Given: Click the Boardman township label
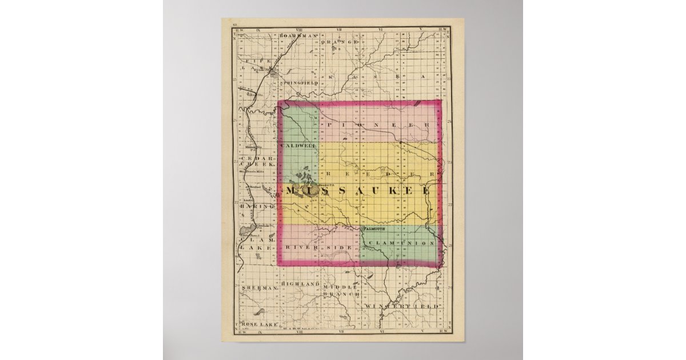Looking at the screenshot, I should [x=298, y=35].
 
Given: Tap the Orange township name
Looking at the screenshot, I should [x=340, y=42].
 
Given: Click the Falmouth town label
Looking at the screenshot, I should [x=374, y=229].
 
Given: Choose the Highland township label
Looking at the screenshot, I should [x=300, y=284].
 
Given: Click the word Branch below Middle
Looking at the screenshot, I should [x=340, y=294].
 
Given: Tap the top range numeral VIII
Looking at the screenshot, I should [x=298, y=27].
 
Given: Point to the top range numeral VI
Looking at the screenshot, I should [x=380, y=27].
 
